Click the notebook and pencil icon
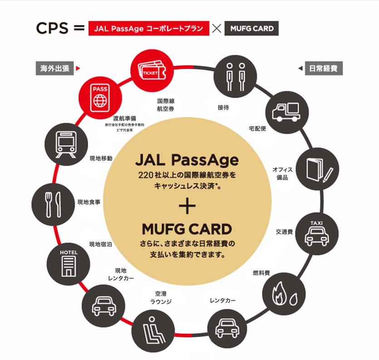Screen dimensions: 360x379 click(317, 170)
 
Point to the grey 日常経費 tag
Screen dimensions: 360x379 click(324, 68)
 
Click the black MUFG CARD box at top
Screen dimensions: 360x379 click(252, 28)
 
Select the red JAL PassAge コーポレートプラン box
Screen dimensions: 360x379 click(149, 28)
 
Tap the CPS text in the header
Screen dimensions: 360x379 click(51, 28)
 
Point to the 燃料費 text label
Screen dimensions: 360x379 click(261, 273)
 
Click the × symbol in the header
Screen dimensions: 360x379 click(217, 28)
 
